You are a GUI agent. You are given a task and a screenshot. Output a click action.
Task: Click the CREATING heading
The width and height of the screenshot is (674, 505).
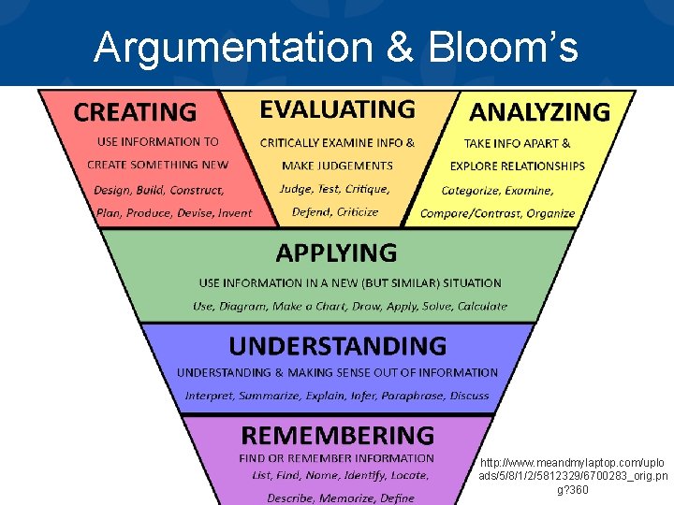click(x=135, y=113)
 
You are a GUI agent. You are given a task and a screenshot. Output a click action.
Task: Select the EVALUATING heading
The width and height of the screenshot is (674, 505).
click(x=337, y=109)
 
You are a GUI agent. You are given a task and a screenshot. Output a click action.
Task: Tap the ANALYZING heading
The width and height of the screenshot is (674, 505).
click(x=539, y=112)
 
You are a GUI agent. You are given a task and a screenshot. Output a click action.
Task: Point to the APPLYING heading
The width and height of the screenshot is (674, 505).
click(x=336, y=252)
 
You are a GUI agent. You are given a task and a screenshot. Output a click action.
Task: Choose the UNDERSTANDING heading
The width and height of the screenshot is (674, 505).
click(x=337, y=346)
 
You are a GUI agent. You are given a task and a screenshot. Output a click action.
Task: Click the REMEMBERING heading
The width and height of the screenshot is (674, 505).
click(x=337, y=435)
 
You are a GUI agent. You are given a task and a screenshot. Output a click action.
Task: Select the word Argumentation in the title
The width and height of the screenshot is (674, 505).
click(x=240, y=47)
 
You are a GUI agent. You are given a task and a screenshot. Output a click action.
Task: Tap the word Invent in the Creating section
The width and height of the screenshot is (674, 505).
click(x=234, y=212)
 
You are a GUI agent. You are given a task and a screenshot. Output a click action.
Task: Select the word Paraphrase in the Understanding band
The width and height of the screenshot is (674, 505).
click(x=413, y=396)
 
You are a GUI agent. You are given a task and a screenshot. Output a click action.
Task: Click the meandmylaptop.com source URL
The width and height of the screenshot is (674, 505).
click(x=573, y=476)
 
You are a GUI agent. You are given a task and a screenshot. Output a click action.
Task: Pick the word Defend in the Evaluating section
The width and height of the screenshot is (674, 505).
click(x=312, y=212)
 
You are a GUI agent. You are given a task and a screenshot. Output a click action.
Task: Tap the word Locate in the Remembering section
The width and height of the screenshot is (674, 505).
click(x=408, y=475)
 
